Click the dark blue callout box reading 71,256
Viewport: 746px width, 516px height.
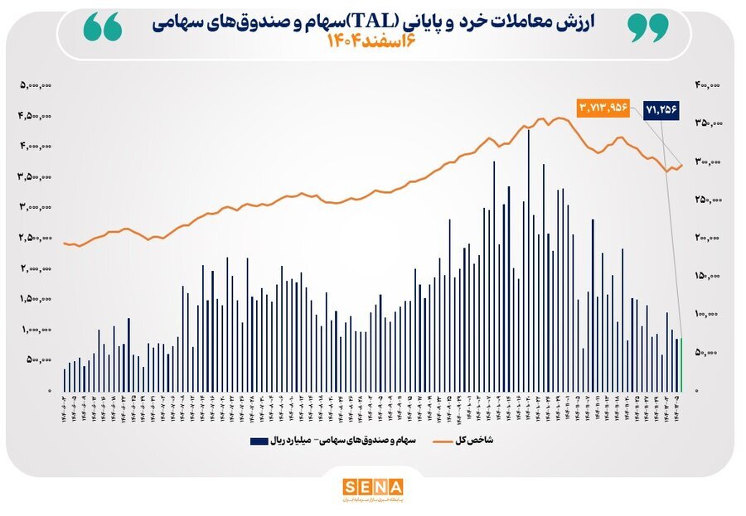661,109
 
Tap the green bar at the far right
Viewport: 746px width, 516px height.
682,364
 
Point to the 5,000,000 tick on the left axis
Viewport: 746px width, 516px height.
36,84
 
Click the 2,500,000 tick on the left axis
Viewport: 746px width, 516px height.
36,238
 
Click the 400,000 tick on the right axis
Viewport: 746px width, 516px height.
707,84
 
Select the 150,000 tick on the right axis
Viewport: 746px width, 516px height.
707,276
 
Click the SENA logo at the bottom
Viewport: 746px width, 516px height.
372,487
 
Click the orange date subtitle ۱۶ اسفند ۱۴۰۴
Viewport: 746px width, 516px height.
372,42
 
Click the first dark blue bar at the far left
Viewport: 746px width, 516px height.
64,379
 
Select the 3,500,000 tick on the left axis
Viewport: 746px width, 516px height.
36,176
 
